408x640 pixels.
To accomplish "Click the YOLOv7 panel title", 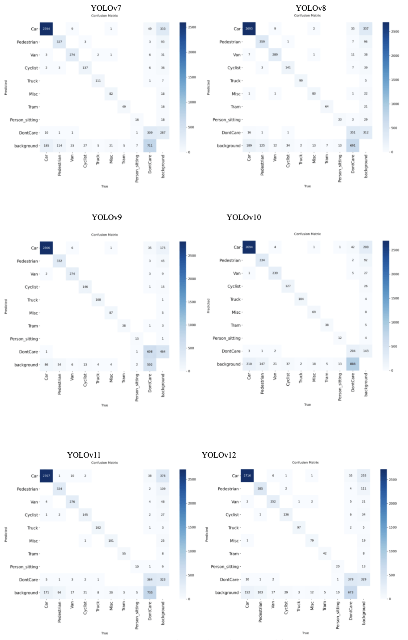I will [x=106, y=8].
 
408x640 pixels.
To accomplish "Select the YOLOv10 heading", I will [x=244, y=217].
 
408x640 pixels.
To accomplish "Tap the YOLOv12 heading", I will [x=219, y=455].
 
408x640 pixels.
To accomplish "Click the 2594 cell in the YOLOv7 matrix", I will [x=47, y=29].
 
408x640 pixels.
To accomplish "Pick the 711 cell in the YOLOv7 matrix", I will [x=150, y=146].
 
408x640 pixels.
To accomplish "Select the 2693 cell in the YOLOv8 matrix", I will [x=249, y=29].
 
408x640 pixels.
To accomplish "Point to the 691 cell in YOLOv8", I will [x=353, y=146].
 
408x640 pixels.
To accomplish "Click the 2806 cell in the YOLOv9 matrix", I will [x=47, y=248].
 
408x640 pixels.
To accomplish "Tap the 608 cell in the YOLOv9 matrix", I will [x=150, y=352].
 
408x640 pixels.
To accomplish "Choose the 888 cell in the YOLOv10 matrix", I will [x=353, y=364].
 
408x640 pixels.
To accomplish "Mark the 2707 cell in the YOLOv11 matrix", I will [x=47, y=476].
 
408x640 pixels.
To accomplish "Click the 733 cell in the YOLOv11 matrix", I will [x=150, y=593].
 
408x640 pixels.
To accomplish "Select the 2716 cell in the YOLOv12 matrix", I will [x=247, y=476].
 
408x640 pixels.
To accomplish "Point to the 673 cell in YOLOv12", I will [x=351, y=593].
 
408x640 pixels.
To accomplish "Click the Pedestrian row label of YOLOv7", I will [x=27, y=42].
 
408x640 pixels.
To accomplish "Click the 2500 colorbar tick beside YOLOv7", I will [x=191, y=27].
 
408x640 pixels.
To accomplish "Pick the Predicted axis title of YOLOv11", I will [x=6, y=534].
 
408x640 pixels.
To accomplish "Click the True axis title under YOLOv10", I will [x=307, y=404].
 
